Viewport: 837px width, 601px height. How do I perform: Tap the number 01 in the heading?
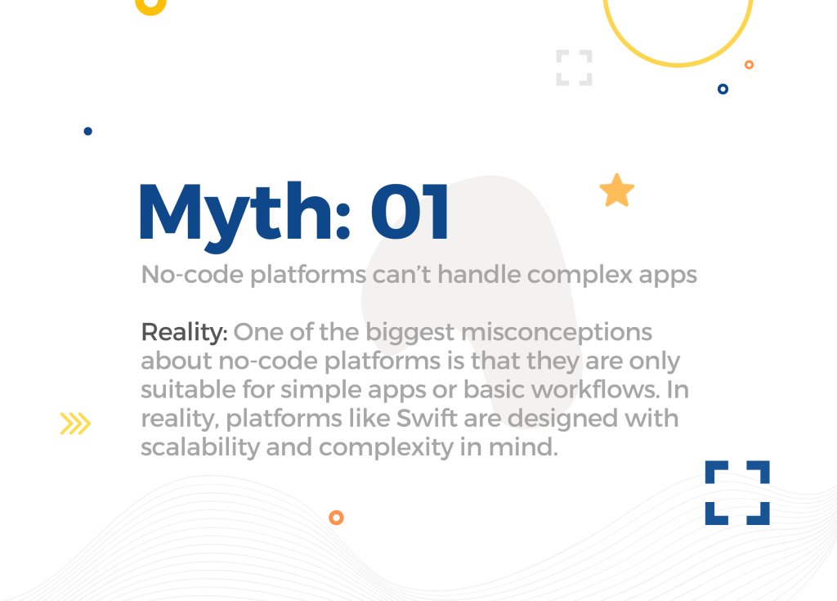tap(410, 212)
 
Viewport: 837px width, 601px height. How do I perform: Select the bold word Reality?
tap(184, 333)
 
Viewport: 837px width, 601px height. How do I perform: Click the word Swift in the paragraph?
tap(427, 418)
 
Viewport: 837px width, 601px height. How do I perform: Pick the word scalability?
tap(200, 447)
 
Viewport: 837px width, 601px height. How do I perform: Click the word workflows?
tap(596, 389)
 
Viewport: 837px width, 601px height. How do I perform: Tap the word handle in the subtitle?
tap(479, 275)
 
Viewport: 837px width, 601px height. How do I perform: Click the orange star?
tap(616, 191)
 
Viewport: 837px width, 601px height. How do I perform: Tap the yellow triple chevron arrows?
tap(75, 424)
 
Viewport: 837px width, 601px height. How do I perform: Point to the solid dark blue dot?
tap(88, 132)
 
